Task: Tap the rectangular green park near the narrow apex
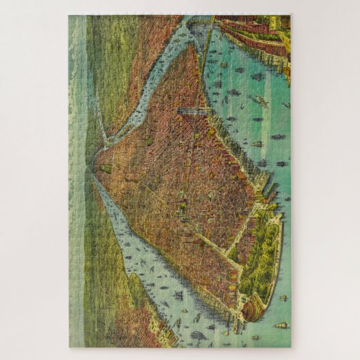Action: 105,167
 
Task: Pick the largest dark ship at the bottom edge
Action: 198,335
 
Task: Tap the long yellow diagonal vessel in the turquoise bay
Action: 258,101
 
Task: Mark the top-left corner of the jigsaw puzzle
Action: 69,16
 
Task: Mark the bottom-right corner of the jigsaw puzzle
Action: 291,347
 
